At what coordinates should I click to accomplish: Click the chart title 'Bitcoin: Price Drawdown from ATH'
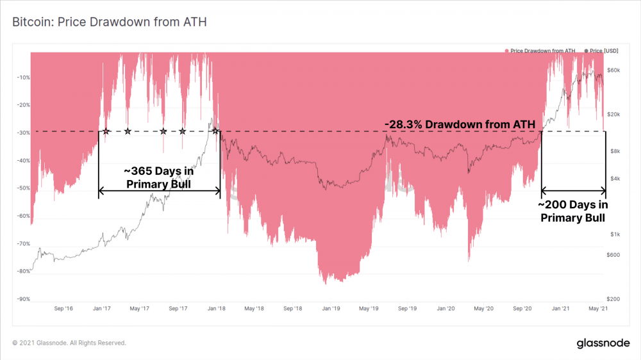click(109, 22)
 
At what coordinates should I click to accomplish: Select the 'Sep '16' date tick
click(63, 309)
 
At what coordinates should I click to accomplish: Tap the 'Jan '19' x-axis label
click(331, 309)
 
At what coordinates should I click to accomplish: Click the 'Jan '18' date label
click(215, 309)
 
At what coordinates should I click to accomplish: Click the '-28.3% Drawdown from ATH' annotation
click(460, 123)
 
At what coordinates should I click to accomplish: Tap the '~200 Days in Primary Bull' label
click(572, 211)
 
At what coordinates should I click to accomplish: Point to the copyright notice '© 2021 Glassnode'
click(69, 343)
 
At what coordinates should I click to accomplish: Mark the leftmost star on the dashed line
click(106, 131)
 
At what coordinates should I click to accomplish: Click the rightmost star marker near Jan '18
click(215, 131)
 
